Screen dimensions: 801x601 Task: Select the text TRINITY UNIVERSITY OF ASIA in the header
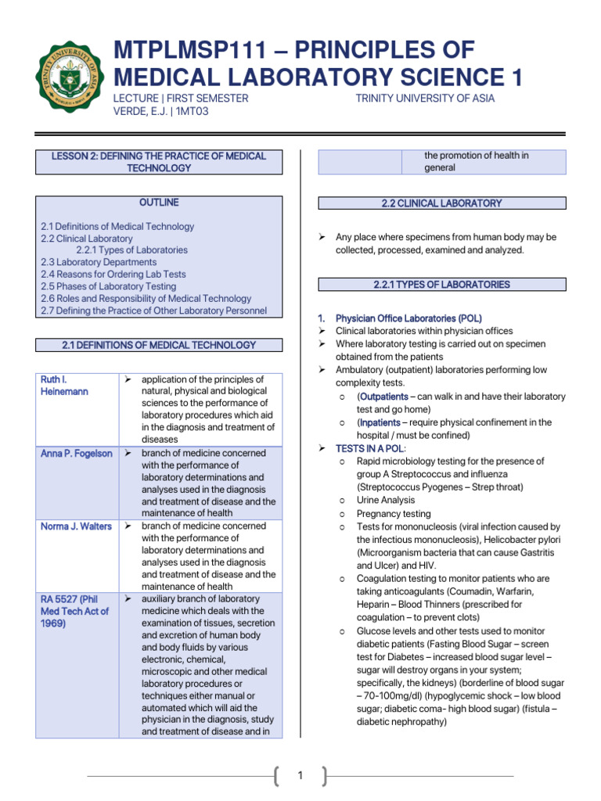[x=425, y=99]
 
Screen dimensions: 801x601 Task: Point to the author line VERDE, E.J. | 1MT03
[x=160, y=112]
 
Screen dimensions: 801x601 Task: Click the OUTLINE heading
[x=159, y=203]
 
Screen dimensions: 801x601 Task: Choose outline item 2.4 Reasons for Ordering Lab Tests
[x=113, y=275]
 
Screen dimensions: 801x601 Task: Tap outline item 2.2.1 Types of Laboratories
[x=131, y=250]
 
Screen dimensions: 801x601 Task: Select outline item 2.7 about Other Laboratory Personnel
[x=153, y=311]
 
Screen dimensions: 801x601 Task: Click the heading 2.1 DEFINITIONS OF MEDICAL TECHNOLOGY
[x=159, y=345]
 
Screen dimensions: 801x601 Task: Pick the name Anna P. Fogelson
[x=77, y=454]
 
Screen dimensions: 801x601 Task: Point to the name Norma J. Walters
[x=77, y=526]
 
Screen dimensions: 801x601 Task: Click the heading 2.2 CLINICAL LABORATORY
[x=441, y=203]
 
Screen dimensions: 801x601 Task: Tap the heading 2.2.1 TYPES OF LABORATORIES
[x=441, y=285]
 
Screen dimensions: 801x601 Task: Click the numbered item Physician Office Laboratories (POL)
[x=408, y=319]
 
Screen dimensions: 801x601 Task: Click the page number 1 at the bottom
[x=300, y=776]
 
